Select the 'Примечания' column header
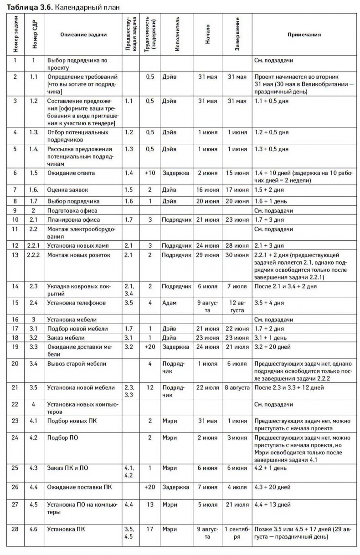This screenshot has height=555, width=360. (x=304, y=35)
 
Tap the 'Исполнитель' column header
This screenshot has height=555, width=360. (x=177, y=35)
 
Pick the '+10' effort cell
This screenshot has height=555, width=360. (x=150, y=173)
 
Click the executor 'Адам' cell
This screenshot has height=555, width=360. (x=169, y=303)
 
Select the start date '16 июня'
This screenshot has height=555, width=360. (x=207, y=189)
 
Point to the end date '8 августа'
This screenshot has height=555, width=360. (x=237, y=388)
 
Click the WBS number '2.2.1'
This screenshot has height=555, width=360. (x=34, y=246)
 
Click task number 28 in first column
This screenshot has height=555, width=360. (x=15, y=529)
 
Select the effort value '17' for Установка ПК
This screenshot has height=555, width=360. (x=150, y=529)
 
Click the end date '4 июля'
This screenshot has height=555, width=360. (x=237, y=487)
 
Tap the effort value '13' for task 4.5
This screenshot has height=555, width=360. (x=150, y=504)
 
